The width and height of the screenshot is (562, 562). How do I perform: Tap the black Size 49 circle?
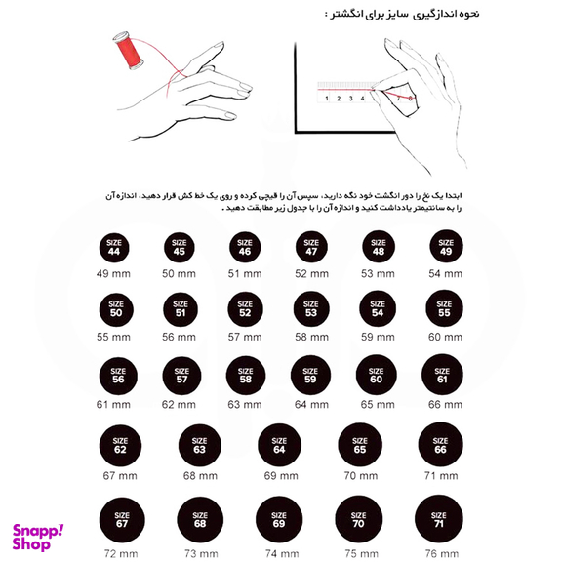445,248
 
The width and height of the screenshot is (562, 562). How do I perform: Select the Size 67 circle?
121,519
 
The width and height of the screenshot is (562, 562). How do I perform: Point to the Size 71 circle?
438,519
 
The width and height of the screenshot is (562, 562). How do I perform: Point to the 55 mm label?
113,337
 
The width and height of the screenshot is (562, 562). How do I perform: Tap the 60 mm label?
445,337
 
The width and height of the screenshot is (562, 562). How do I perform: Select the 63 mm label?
245,404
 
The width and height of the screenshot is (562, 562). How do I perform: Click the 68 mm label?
200,476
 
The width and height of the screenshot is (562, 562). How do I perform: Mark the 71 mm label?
439,476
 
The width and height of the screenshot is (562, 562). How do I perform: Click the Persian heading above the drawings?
400,15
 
